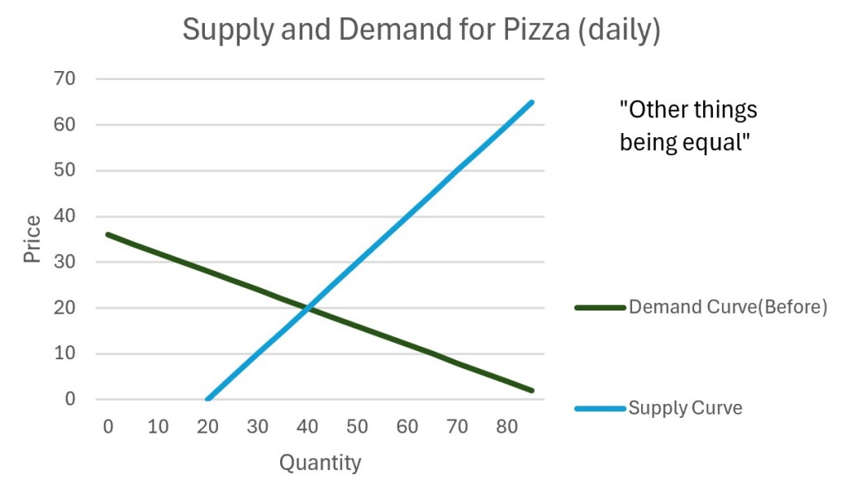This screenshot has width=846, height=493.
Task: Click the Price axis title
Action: point(32,239)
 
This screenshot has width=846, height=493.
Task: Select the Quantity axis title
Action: point(320,462)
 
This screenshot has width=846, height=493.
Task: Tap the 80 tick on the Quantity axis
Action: point(507,426)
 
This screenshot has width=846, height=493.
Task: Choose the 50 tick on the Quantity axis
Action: point(357,426)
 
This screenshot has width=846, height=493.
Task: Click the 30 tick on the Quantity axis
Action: point(258,426)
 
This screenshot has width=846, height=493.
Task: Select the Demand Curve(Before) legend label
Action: point(727,307)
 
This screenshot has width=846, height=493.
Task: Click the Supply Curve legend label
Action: point(685,407)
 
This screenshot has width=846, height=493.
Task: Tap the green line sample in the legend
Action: point(600,307)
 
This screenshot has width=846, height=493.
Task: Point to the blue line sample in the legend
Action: point(600,407)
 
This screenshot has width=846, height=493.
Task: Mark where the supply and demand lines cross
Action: point(308,308)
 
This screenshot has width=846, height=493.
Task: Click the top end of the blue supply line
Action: point(532,102)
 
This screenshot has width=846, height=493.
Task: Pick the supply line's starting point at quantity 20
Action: point(208,399)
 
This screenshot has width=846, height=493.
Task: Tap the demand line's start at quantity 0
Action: point(108,235)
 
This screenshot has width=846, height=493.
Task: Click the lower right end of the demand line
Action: point(532,390)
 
